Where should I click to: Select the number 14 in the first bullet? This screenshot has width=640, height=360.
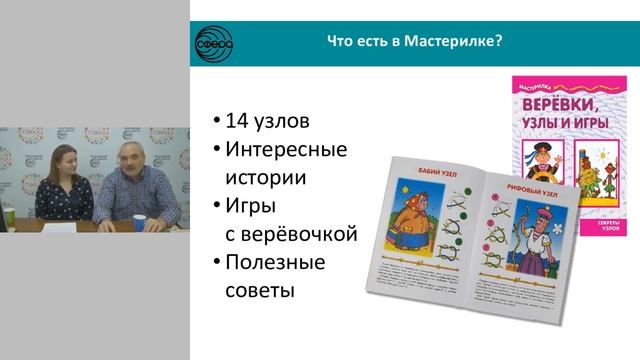(x=237, y=122)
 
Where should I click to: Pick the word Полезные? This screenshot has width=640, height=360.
(x=277, y=265)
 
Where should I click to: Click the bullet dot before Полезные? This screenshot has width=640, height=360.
(x=217, y=266)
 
